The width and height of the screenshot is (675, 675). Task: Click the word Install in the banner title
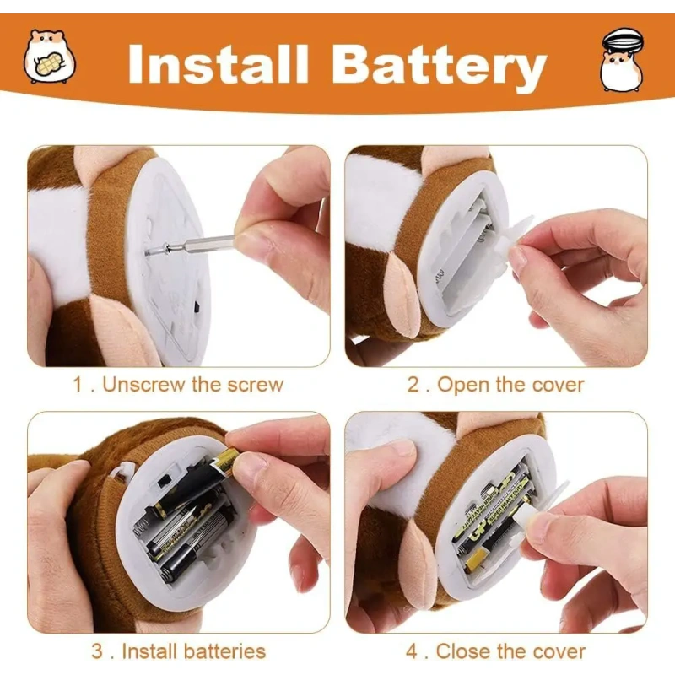click(219, 64)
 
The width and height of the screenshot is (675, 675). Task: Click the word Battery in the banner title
click(439, 67)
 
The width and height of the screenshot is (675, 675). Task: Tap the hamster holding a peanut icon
click(49, 56)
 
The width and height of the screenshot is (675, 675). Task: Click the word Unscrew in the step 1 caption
click(143, 384)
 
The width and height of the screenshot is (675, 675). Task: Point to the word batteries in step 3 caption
click(224, 651)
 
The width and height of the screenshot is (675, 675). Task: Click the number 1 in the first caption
click(78, 384)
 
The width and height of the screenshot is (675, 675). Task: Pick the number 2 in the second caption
click(413, 385)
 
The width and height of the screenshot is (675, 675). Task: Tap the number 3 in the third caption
click(97, 651)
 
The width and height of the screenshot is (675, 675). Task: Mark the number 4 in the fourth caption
click(412, 651)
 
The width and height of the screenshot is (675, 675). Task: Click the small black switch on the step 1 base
click(197, 307)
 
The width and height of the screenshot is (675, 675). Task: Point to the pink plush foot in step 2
click(402, 296)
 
